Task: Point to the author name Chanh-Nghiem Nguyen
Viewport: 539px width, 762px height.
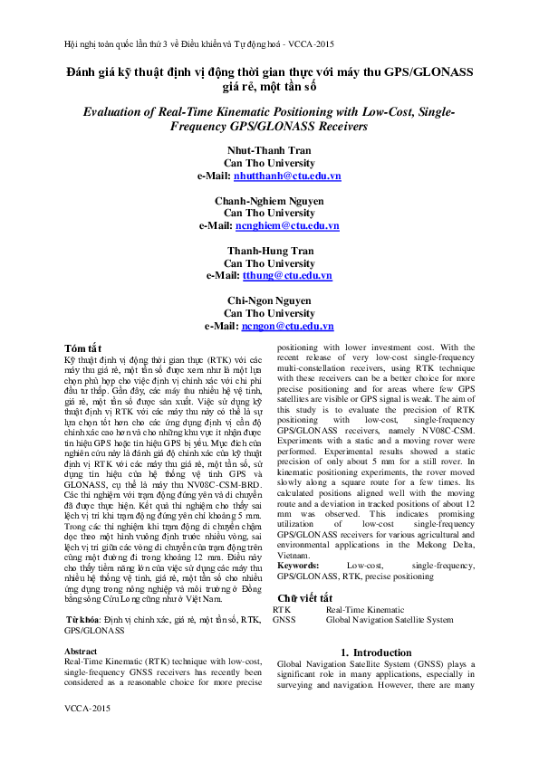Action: click(269, 200)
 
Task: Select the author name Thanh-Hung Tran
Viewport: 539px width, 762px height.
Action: click(269, 251)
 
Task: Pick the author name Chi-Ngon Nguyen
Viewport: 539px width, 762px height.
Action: click(269, 300)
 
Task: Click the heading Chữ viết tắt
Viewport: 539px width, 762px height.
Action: click(306, 598)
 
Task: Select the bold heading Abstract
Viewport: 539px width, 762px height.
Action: click(82, 651)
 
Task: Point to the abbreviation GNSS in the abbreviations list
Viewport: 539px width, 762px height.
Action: click(284, 620)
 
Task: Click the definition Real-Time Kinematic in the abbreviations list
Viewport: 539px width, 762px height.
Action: click(366, 610)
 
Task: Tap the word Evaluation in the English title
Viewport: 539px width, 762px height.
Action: click(117, 111)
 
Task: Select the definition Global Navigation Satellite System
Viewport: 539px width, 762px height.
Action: click(390, 620)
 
